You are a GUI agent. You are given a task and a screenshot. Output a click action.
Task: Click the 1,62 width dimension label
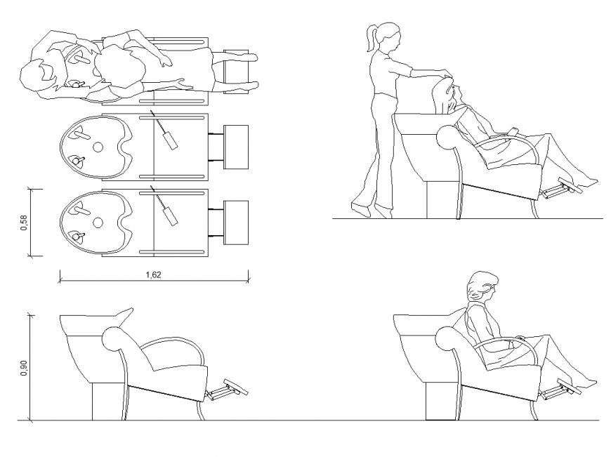click(x=153, y=275)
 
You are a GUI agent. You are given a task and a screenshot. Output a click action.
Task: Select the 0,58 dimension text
click(x=24, y=223)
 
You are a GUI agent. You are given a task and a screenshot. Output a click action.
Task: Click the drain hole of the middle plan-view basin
click(x=98, y=147)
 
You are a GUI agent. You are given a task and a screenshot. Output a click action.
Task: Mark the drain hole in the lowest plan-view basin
click(x=98, y=223)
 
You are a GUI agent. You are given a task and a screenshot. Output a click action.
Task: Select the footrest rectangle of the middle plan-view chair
click(x=235, y=147)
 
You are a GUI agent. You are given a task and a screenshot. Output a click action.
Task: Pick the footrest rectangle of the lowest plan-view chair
click(x=235, y=223)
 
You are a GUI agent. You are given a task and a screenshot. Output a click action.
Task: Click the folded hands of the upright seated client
click(x=520, y=339)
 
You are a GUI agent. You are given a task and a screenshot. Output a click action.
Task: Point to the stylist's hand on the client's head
click(x=443, y=71)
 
